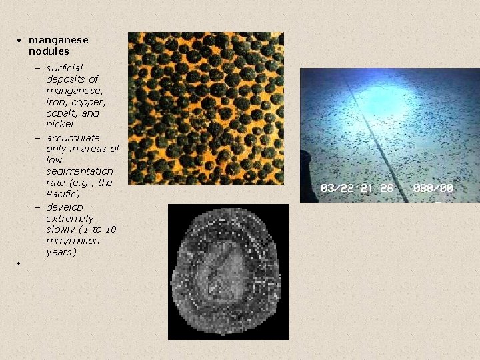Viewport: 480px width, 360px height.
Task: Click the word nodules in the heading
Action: pos(49,51)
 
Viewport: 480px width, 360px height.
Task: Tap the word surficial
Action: pos(65,68)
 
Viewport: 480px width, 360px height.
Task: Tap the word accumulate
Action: pos(73,137)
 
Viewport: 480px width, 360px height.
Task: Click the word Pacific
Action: pos(62,194)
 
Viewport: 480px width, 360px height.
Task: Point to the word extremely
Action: pos(69,218)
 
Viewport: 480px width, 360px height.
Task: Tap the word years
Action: pos(59,252)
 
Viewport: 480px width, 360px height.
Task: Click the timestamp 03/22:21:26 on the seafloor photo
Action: pos(357,188)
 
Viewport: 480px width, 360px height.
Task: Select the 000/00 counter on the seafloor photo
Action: pos(433,188)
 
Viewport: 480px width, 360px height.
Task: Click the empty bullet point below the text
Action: pos(20,264)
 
